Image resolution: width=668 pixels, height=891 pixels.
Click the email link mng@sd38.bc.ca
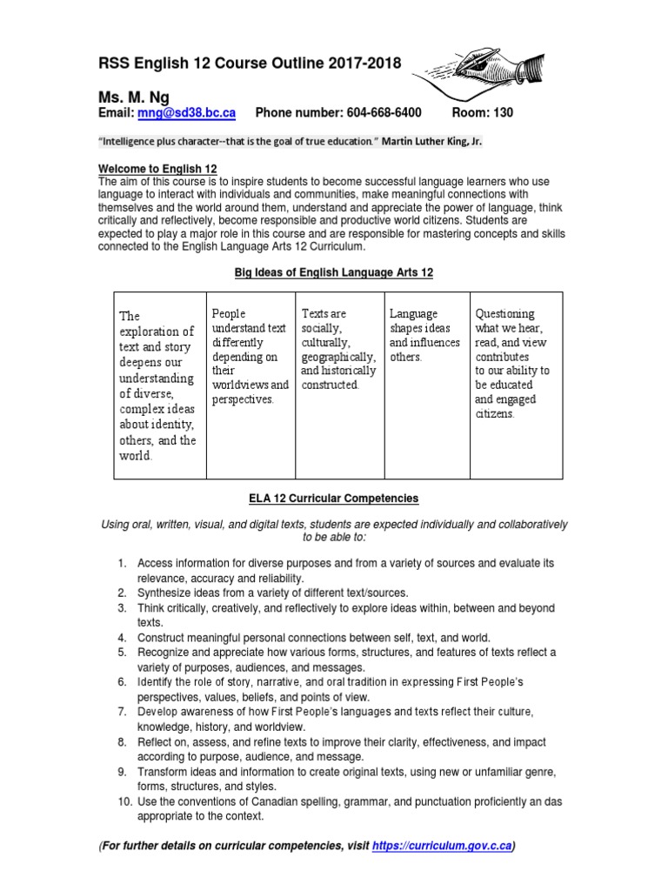[186, 113]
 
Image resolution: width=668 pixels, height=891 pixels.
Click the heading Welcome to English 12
[157, 168]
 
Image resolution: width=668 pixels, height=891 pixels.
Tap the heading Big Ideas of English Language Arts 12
[333, 272]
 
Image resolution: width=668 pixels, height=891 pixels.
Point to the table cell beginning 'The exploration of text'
[160, 385]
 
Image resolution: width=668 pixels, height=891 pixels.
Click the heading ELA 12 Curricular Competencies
[333, 499]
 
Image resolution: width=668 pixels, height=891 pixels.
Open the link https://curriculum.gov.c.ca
[441, 847]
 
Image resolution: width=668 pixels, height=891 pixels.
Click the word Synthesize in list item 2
[167, 593]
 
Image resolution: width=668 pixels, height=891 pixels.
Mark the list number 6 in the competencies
[124, 682]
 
